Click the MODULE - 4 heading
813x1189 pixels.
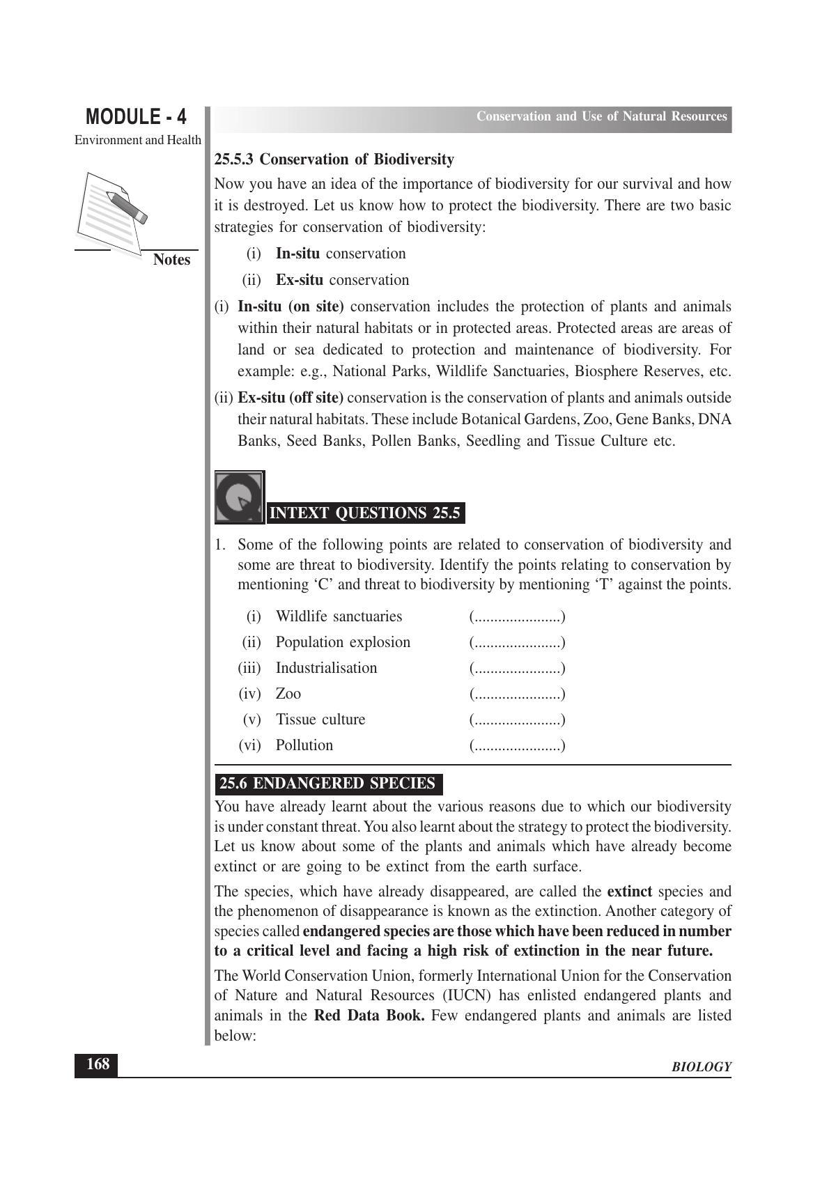(x=137, y=116)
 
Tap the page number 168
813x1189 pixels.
(x=97, y=1064)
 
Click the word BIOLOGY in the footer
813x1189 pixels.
(x=701, y=1067)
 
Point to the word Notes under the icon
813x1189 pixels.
(x=171, y=260)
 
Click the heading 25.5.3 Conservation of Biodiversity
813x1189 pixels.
(x=334, y=160)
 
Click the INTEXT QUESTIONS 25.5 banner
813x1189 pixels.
(x=365, y=513)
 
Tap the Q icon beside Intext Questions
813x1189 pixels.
(x=239, y=497)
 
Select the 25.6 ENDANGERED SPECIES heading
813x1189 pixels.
(x=327, y=784)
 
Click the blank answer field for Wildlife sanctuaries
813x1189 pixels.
(x=517, y=617)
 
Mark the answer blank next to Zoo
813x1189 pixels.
(x=517, y=694)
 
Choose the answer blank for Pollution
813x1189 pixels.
(x=517, y=746)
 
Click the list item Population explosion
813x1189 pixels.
(x=343, y=642)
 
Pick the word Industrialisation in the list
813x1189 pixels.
(x=326, y=668)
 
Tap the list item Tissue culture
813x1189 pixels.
(x=320, y=720)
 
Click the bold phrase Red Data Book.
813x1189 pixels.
(x=369, y=1016)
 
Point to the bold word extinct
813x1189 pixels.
(x=629, y=892)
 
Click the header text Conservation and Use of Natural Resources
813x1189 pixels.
(x=601, y=116)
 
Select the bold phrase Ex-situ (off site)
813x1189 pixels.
(x=291, y=398)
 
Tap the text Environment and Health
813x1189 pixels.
(x=138, y=140)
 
